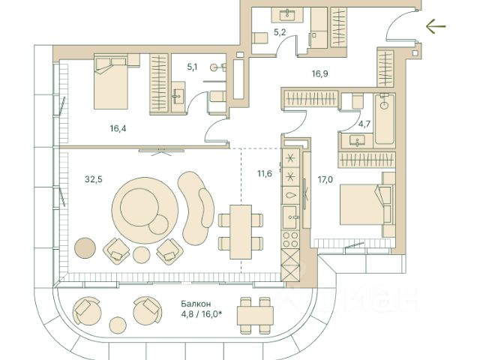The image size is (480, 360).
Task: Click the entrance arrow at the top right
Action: (x=435, y=28)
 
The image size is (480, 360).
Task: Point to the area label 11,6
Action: (x=264, y=175)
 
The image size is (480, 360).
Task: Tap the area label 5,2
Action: (x=280, y=32)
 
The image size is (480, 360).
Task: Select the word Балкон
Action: (x=194, y=304)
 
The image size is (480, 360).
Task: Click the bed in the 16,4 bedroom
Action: (x=112, y=85)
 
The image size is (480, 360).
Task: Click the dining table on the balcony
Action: (x=255, y=313)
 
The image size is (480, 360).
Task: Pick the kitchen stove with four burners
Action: (x=289, y=239)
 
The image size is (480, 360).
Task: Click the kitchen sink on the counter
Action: (x=289, y=194)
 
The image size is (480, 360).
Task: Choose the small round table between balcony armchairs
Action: (x=117, y=325)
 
